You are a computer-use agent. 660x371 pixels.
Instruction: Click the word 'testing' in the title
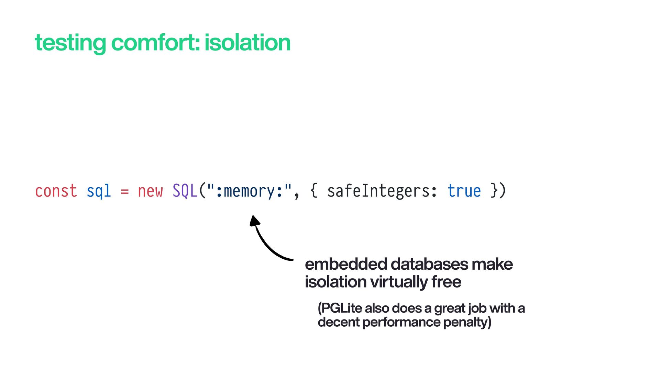tap(70, 43)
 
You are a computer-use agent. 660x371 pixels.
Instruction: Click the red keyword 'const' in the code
tap(56, 191)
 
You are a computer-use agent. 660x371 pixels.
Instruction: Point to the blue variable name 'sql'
tap(99, 191)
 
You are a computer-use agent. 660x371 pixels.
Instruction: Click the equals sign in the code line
tap(125, 191)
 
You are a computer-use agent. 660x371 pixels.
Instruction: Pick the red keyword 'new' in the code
tap(150, 191)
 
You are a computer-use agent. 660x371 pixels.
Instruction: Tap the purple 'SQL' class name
tap(185, 191)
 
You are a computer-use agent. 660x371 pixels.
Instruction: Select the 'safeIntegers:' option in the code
tap(382, 191)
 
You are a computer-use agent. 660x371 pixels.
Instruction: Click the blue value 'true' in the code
tap(464, 191)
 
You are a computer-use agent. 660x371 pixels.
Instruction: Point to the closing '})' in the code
tap(498, 191)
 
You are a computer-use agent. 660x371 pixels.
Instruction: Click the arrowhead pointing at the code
tap(254, 221)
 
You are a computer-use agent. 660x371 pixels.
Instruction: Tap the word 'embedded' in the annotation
tap(346, 264)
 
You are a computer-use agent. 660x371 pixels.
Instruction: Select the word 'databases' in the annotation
tap(429, 264)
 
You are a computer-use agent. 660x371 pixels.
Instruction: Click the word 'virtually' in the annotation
tap(398, 282)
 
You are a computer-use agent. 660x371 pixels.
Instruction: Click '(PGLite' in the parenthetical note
tap(340, 308)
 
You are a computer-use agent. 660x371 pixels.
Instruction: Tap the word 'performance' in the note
tap(401, 322)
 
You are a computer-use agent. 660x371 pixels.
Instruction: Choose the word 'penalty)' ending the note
tap(467, 322)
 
